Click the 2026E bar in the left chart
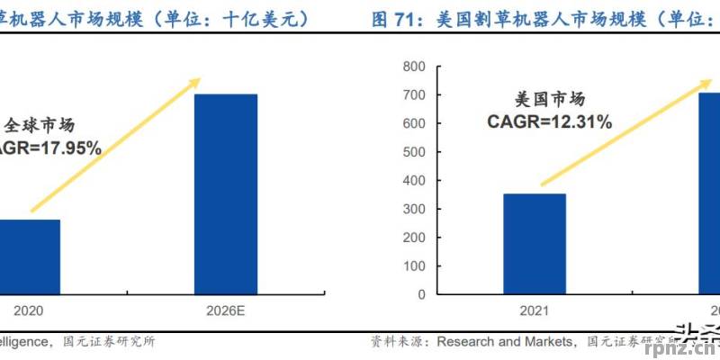coord(226,193)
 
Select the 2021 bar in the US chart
coord(535,243)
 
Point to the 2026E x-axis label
coord(226,310)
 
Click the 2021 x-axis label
coord(535,310)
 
